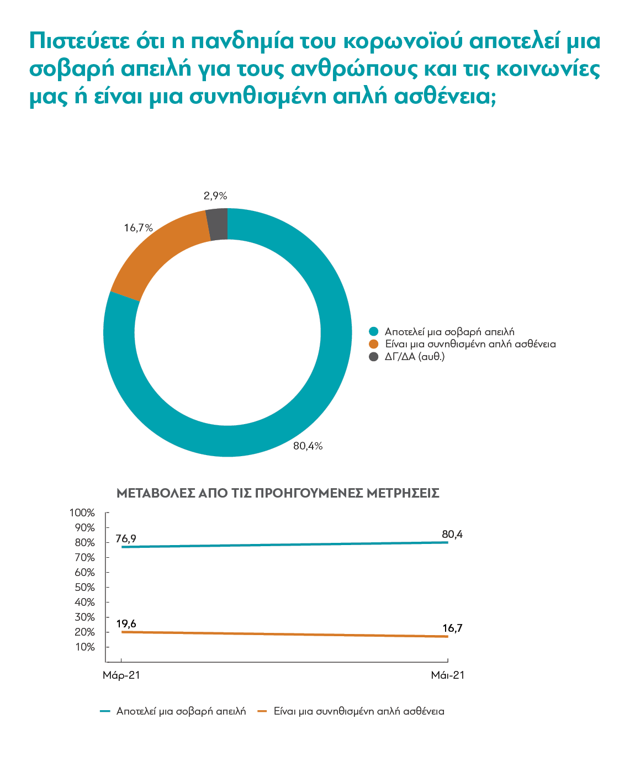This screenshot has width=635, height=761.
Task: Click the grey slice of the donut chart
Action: (x=218, y=224)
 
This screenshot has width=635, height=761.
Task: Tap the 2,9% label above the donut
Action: (x=215, y=196)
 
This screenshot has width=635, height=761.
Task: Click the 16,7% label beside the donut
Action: (x=138, y=228)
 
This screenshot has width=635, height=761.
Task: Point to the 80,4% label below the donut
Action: (x=308, y=446)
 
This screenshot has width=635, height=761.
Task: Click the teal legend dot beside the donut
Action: (x=374, y=332)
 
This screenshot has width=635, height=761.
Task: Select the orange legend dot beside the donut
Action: (x=374, y=344)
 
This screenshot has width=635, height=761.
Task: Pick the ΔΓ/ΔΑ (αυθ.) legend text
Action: (x=415, y=357)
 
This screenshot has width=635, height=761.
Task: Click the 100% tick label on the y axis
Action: (x=82, y=513)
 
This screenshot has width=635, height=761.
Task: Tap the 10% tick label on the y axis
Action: (x=85, y=647)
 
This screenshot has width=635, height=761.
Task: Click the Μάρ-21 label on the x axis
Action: (x=121, y=675)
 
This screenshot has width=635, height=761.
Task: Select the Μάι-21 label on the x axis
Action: (x=448, y=675)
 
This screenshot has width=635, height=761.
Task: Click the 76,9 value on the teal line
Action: (x=126, y=538)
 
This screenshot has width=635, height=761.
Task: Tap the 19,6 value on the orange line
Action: (x=126, y=624)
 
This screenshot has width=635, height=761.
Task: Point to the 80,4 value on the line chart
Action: (x=452, y=535)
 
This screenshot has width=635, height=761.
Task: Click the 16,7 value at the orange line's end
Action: (x=452, y=628)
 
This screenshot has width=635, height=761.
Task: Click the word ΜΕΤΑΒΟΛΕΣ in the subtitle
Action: (x=156, y=493)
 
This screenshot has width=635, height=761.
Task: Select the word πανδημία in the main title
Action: (x=242, y=41)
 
